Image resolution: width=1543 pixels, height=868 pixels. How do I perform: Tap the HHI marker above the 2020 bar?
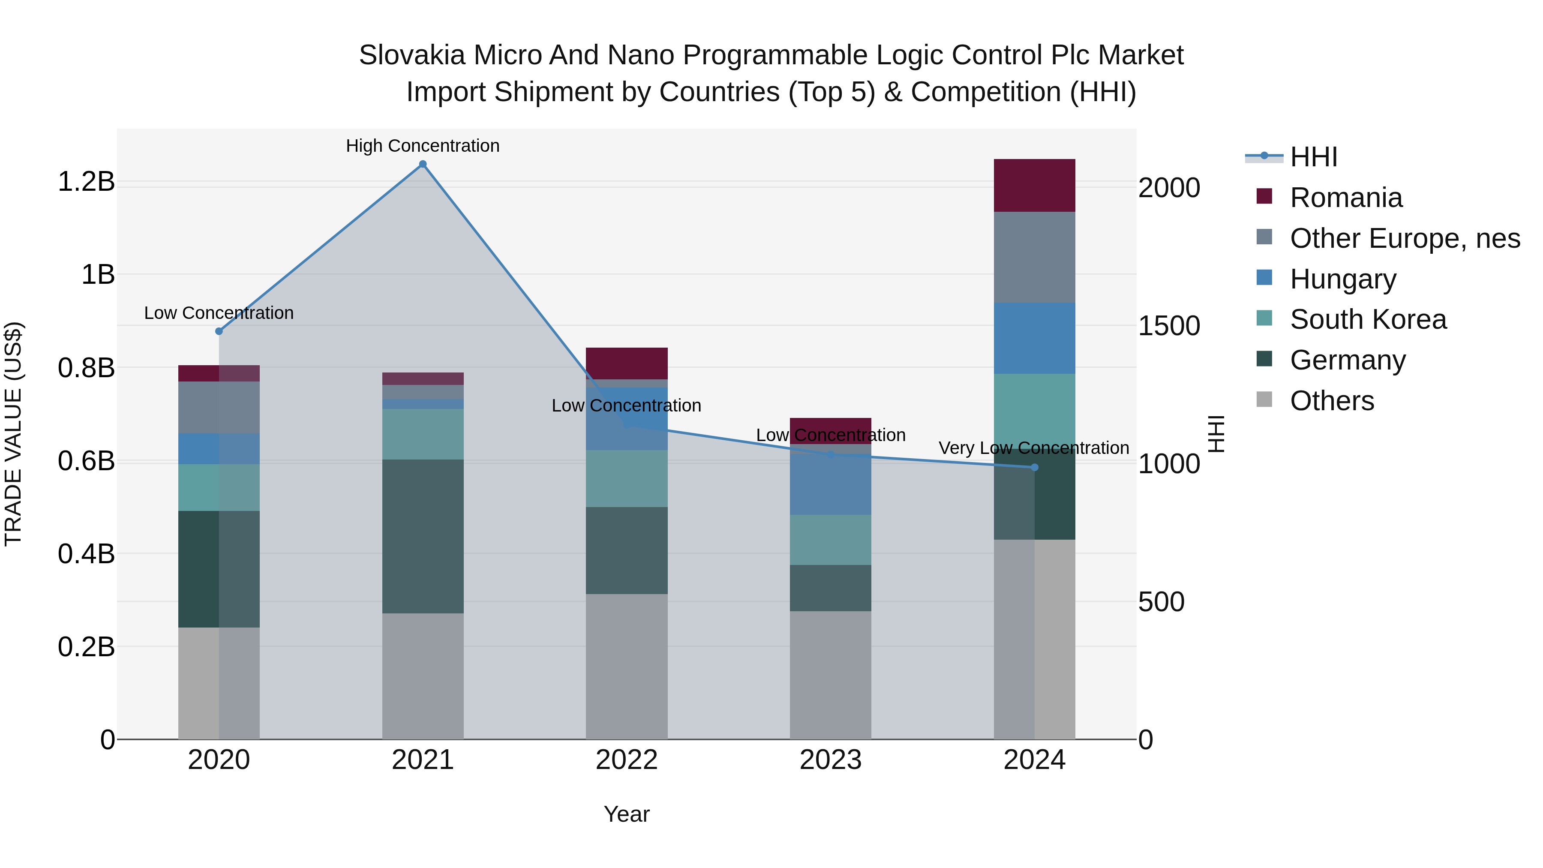219,331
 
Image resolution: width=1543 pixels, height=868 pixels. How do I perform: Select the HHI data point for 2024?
1035,467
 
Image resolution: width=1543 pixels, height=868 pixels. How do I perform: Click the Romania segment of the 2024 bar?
1035,185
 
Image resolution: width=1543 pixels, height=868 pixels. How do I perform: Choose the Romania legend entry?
1345,198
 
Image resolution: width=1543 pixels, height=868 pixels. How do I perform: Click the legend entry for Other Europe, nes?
1405,238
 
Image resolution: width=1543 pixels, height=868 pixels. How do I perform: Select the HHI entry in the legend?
1313,157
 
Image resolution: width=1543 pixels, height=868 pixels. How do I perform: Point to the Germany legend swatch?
1264,360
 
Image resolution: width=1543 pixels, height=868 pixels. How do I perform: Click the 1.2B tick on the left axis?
86,181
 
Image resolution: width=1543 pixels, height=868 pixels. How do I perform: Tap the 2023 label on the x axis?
830,760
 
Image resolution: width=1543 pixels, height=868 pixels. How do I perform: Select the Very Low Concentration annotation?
1033,448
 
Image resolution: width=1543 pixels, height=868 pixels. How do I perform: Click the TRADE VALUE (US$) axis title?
13,434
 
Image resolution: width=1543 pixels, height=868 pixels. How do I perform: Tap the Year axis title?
627,814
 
